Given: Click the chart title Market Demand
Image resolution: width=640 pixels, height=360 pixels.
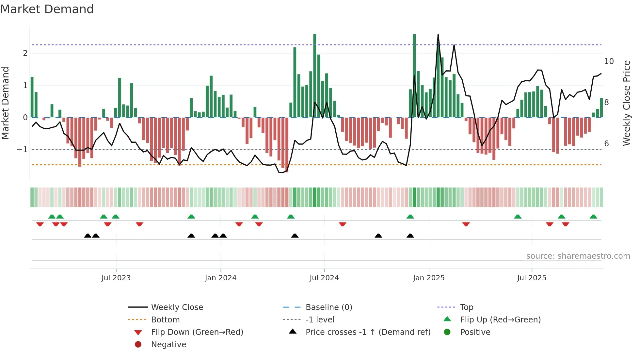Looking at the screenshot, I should click(47, 9).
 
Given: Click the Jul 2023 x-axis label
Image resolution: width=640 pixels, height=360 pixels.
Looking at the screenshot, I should click(116, 278).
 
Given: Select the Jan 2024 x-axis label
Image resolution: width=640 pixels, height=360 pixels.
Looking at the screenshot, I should click(220, 278).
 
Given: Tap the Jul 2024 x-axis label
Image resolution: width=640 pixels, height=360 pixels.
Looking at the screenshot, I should click(324, 278).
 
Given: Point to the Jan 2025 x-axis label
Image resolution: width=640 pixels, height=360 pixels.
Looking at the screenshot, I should click(428, 278).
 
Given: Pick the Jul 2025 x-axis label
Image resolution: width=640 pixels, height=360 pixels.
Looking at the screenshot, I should click(532, 278).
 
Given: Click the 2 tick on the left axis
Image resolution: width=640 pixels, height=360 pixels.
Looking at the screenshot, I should click(25, 53).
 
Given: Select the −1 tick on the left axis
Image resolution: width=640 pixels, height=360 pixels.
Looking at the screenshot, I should click(23, 150).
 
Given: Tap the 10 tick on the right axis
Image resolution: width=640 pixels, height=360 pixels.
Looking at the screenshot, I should click(609, 61).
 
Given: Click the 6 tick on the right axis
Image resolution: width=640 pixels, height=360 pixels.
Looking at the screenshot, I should click(606, 144).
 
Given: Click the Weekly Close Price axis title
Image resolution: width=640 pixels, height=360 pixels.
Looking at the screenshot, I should click(626, 103).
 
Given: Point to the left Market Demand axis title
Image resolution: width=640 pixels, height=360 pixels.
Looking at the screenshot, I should click(6, 103).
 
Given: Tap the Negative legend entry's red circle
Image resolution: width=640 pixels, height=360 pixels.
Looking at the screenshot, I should click(138, 345).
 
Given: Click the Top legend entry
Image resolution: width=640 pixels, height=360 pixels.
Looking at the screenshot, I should click(466, 307).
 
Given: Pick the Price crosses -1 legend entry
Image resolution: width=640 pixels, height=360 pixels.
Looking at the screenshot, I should click(368, 332).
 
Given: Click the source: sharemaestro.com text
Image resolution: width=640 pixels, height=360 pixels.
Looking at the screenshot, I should click(578, 256).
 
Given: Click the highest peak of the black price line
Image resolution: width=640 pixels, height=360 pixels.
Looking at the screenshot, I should click(438, 34).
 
